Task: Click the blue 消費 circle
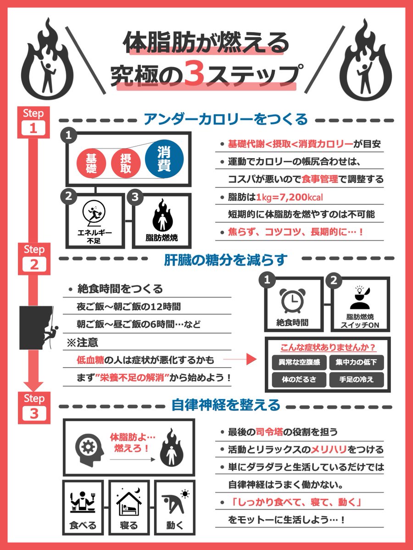[164, 159]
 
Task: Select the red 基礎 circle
[91, 163]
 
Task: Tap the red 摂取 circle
[126, 163]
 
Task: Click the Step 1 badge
[33, 122]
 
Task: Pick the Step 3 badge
[34, 407]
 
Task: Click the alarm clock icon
[293, 300]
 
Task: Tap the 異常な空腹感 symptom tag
[299, 363]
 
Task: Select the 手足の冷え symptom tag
[357, 379]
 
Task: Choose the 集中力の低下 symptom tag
[357, 363]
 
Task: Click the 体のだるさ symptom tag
[299, 379]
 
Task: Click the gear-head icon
[89, 449]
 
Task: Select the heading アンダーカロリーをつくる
[225, 119]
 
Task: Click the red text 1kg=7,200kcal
[290, 198]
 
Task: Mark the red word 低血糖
[90, 360]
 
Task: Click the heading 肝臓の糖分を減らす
[225, 260]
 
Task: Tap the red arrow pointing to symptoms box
[240, 359]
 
